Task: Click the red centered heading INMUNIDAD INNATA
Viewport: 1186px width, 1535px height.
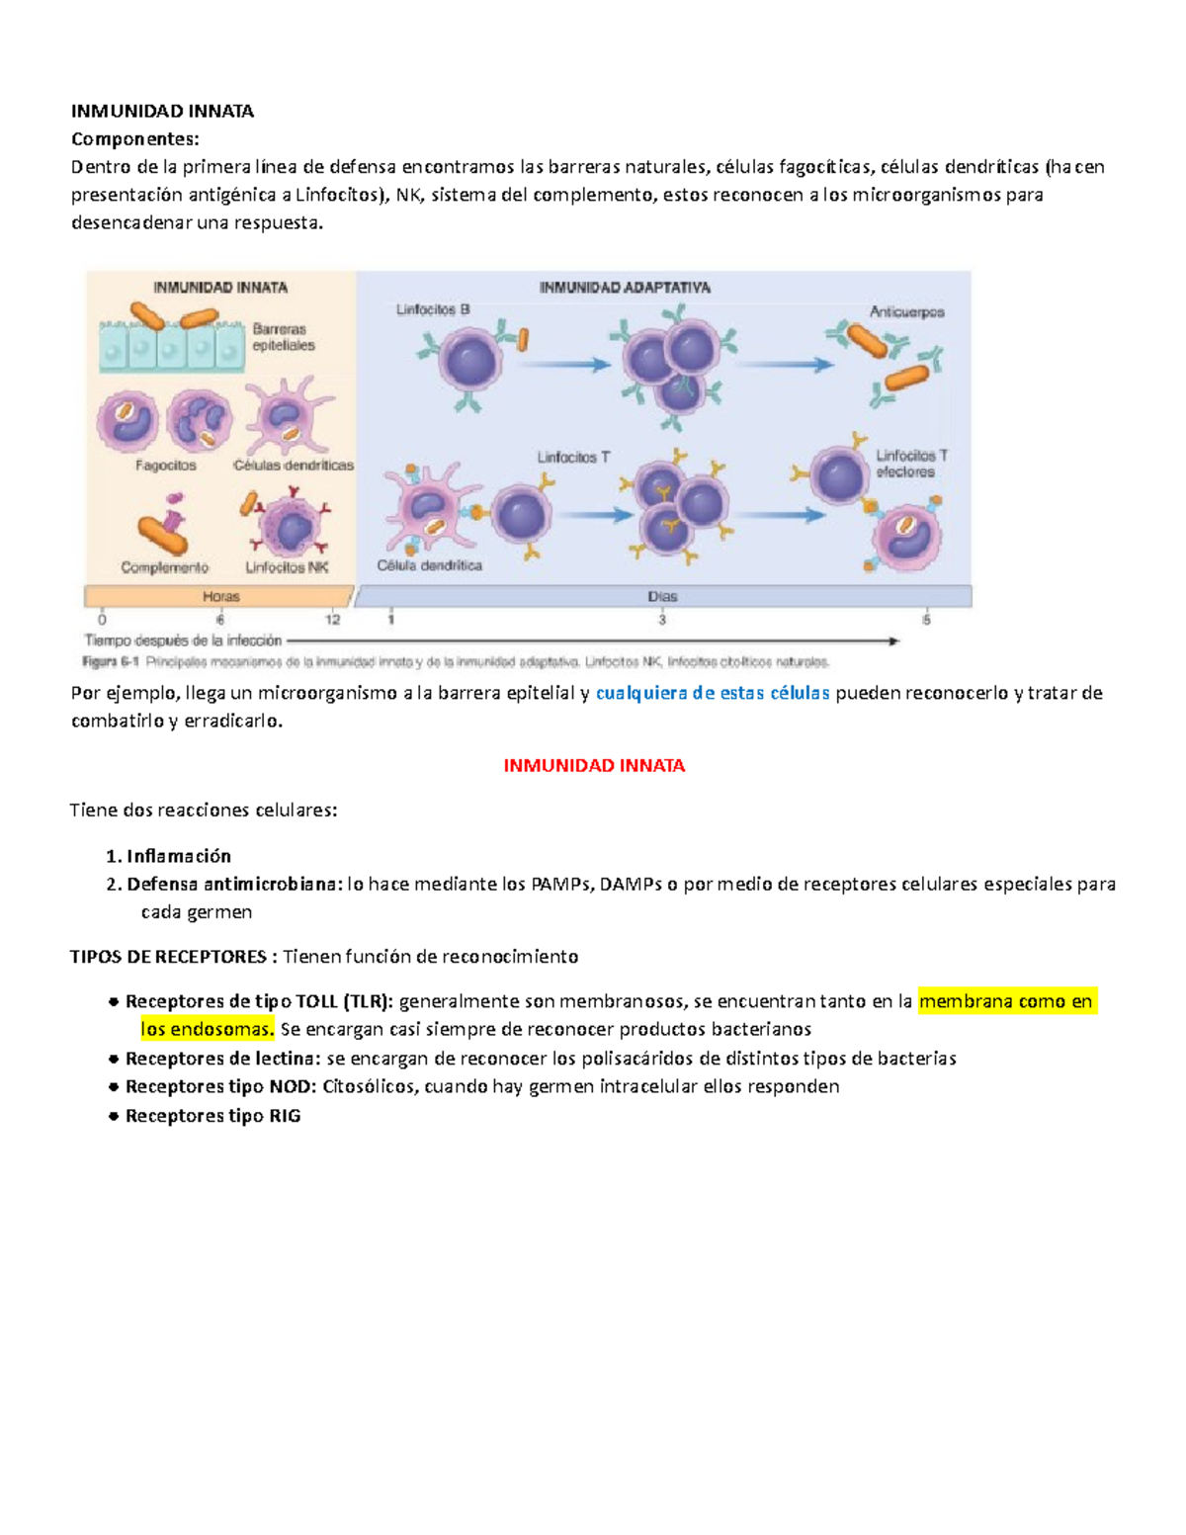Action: (594, 766)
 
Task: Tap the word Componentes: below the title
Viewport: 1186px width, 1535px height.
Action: (134, 139)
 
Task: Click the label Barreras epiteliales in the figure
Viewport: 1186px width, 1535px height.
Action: (284, 337)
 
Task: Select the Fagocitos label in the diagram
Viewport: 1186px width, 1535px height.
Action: (166, 466)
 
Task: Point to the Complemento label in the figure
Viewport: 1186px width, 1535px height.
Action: (165, 567)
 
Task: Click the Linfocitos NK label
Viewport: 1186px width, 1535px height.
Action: (287, 567)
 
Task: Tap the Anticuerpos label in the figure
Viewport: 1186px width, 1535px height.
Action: (906, 312)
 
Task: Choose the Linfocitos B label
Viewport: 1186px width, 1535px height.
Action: (433, 310)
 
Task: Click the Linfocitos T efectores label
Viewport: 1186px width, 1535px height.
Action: (911, 464)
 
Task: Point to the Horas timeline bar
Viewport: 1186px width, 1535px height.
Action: (220, 596)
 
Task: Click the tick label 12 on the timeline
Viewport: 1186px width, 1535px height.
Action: (332, 620)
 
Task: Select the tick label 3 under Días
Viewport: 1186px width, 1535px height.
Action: (662, 620)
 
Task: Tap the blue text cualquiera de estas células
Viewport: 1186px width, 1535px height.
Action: (713, 693)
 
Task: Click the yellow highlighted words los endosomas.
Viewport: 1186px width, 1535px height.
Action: (207, 1029)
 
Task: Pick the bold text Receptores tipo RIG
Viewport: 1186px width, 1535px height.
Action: (212, 1116)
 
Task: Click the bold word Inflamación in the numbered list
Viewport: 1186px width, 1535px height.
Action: (179, 856)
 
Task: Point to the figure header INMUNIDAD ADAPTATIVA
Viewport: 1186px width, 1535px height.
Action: (625, 288)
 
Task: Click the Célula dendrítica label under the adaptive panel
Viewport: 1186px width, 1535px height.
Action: (429, 565)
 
